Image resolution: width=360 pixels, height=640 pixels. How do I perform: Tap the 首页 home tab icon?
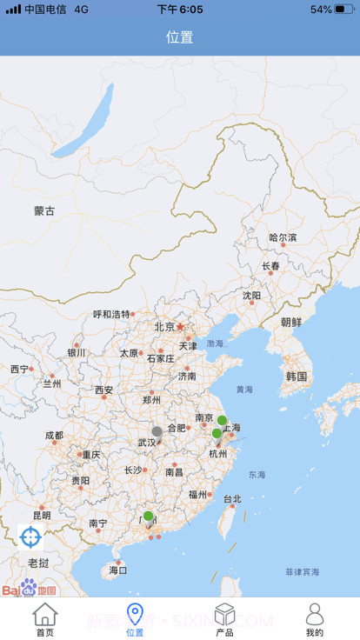point(45,615)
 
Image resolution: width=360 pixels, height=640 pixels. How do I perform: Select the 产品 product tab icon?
point(224,615)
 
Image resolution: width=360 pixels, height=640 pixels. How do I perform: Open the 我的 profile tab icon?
point(315,615)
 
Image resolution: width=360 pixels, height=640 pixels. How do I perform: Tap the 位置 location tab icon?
point(135,615)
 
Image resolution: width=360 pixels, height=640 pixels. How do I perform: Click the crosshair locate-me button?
point(30,537)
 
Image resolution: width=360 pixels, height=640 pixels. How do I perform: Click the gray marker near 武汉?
point(157,431)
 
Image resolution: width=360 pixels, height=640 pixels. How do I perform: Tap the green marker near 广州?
point(148,517)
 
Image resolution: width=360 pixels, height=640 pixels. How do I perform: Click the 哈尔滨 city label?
point(283,237)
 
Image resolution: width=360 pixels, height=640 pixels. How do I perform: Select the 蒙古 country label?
point(44,210)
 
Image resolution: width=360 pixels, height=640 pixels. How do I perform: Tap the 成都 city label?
point(54,436)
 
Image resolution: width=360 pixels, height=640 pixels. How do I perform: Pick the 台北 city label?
point(232,499)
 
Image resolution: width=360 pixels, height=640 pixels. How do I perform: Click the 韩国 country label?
point(297,377)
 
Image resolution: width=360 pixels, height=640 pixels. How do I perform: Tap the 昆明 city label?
point(42,515)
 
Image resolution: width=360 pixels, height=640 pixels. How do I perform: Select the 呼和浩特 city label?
point(111,315)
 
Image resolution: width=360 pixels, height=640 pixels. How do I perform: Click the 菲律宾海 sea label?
point(302,571)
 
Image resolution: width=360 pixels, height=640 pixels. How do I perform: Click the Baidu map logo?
point(29,589)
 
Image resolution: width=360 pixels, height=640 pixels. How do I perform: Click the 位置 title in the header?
point(180,37)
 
